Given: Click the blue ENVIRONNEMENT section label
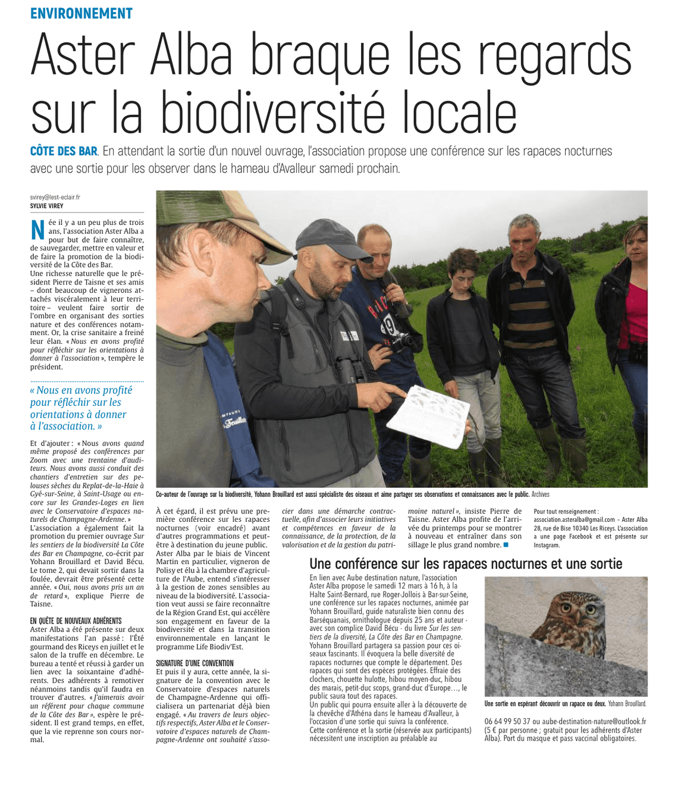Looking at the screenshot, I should click(x=81, y=13).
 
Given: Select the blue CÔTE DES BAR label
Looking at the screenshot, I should click(x=64, y=151).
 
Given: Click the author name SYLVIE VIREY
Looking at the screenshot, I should click(x=46, y=206).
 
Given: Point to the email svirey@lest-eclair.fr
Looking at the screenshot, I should click(x=55, y=197).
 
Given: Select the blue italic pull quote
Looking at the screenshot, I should click(x=81, y=408).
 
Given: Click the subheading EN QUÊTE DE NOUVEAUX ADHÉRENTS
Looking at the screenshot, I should click(x=76, y=621).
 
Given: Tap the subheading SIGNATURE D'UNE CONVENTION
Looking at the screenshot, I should click(x=194, y=663).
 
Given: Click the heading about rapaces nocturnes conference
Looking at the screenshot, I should click(x=466, y=564).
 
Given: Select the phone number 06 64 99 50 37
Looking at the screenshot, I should click(x=507, y=721).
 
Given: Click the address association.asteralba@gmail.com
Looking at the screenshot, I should click(x=574, y=519).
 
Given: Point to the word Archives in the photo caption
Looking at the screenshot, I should click(x=540, y=494).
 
